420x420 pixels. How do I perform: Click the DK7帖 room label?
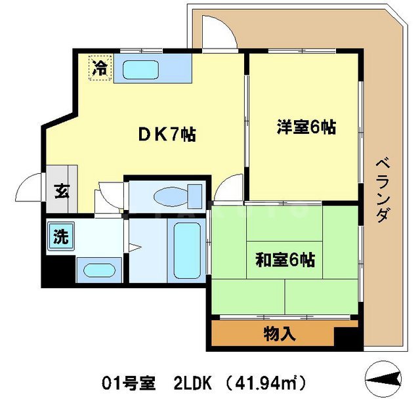tap(167, 135)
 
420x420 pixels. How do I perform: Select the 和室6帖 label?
tap(285, 260)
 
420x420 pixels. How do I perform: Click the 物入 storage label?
tap(279, 334)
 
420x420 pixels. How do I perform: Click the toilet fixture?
tap(174, 195)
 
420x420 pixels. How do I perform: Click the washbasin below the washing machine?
tap(98, 270)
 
